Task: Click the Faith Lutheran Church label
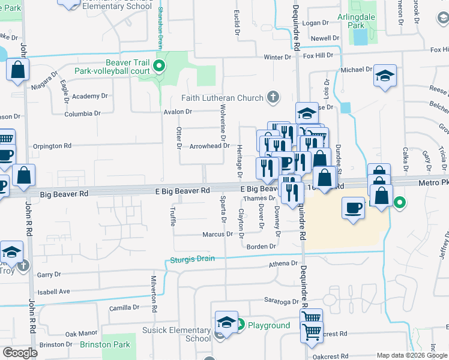223,98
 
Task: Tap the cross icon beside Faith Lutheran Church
273,97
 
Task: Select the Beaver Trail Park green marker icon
160,65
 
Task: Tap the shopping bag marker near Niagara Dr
19,70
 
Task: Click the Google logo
20,353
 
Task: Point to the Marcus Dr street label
217,234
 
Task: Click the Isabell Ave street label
53,292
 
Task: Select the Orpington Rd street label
52,146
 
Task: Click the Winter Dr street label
277,57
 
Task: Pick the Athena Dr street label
286,263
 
